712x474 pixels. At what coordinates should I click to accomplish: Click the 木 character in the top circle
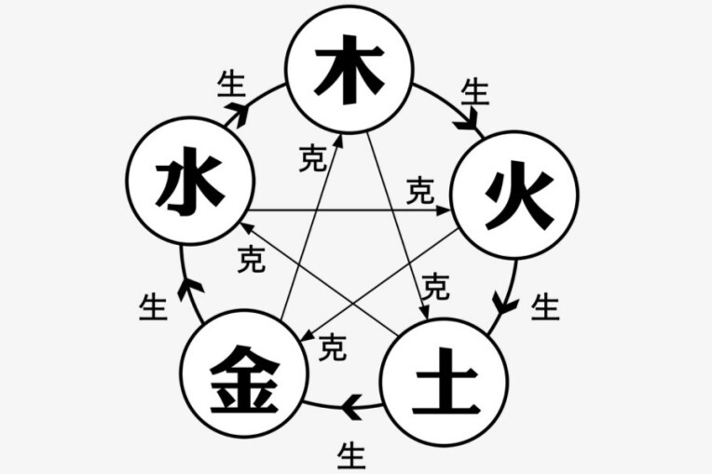pos(349,71)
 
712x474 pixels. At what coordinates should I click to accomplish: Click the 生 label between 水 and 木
pos(230,84)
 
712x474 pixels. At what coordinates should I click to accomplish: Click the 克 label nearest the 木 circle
pos(312,158)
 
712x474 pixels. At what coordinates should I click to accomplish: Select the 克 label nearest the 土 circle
pos(434,287)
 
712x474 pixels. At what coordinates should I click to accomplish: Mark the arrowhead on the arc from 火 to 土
pos(503,304)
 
